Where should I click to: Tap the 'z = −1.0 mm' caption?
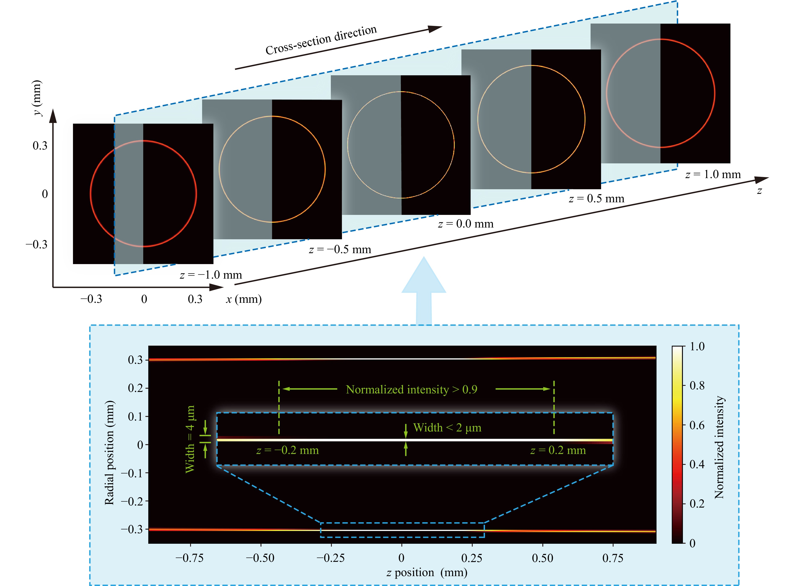coord(211,275)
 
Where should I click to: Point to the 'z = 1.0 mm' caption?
coord(713,175)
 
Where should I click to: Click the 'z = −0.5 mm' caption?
coord(340,249)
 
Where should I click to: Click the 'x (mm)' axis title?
coord(244,299)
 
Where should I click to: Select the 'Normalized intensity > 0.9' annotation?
coord(412,389)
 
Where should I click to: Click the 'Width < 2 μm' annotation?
coord(447,428)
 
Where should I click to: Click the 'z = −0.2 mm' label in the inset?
coord(287,451)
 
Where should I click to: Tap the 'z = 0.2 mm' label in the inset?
coord(558,451)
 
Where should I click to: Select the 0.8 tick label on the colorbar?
coord(697,386)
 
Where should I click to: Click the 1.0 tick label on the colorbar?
coord(697,346)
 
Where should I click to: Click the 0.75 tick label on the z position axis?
coord(613,558)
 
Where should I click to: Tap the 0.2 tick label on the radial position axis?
coord(135,388)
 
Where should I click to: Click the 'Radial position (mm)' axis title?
coord(109,452)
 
